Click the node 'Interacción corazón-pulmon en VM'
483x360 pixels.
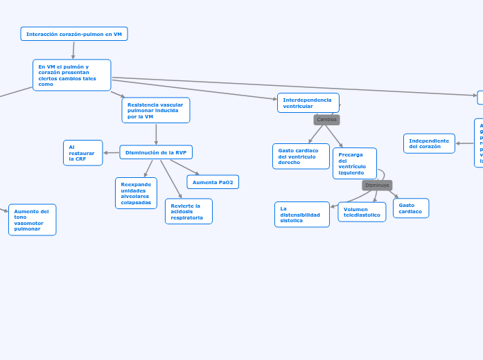click(x=74, y=34)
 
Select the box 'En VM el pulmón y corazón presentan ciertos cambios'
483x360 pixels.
click(x=71, y=75)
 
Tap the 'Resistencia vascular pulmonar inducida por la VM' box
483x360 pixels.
click(x=156, y=110)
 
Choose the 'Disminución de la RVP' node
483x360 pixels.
click(x=156, y=152)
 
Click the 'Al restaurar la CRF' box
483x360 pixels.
click(x=82, y=153)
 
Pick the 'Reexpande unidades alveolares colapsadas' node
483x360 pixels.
click(x=136, y=193)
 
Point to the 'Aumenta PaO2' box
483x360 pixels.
click(x=213, y=182)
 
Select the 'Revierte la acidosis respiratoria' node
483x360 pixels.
click(x=188, y=211)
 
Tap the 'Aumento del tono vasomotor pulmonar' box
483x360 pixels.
click(x=32, y=219)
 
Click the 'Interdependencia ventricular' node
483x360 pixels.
click(x=308, y=103)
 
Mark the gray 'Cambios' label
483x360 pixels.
click(x=326, y=120)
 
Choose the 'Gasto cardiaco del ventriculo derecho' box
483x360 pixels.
click(x=301, y=156)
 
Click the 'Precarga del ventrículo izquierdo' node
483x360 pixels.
click(x=354, y=163)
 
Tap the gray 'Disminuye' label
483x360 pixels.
click(x=377, y=186)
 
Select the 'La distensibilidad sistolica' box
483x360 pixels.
click(x=302, y=215)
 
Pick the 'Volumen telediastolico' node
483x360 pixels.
click(x=362, y=212)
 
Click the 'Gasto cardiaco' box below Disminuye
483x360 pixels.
click(x=411, y=208)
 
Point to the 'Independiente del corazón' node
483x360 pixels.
click(x=429, y=143)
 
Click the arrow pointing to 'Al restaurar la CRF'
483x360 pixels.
click(x=111, y=152)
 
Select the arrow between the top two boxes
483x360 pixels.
click(x=73, y=50)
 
